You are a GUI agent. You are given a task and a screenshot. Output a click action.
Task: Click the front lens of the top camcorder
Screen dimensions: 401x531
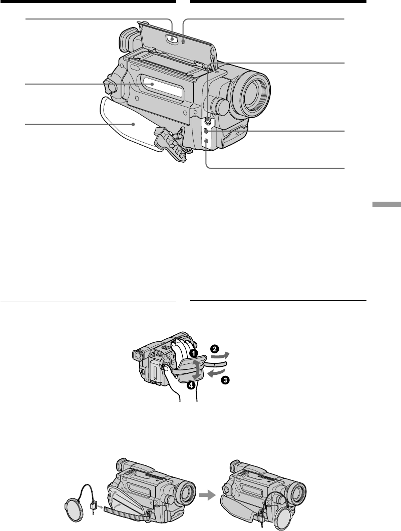pyautogui.click(x=253, y=92)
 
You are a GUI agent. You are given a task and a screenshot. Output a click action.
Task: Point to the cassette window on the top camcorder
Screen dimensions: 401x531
pyautogui.click(x=163, y=87)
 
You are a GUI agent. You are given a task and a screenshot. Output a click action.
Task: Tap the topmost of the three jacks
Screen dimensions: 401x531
pyautogui.click(x=208, y=121)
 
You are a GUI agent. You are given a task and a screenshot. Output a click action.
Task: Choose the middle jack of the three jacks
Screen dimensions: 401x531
pyautogui.click(x=206, y=131)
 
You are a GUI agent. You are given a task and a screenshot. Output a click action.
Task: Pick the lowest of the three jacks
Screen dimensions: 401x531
pyautogui.click(x=206, y=140)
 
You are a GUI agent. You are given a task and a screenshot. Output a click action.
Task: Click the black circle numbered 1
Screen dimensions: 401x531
pyautogui.click(x=193, y=353)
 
